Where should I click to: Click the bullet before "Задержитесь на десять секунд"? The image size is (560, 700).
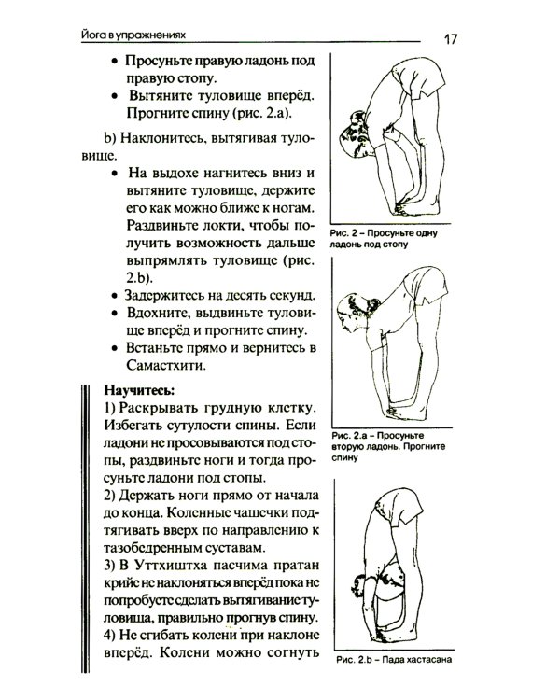tap(113, 295)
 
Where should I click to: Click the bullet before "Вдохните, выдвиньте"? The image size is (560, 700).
tap(113, 313)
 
